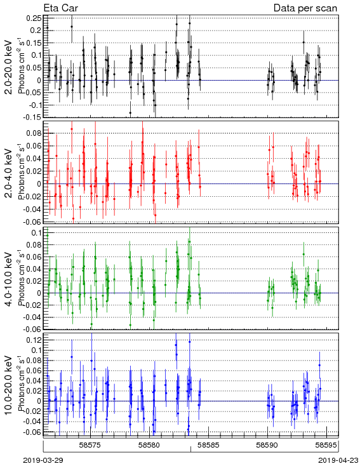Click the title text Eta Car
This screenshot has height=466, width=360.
pos(61,8)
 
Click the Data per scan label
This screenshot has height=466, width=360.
pos(305,8)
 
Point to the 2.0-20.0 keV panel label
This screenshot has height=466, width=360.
pos(9,67)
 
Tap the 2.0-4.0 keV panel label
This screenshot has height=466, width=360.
pos(9,173)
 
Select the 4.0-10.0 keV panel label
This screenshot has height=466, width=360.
pos(9,279)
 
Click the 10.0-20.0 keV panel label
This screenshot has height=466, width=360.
pos(9,385)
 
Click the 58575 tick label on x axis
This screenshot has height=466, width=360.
pos(91,445)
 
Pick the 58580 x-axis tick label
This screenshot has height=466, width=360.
pos(150,445)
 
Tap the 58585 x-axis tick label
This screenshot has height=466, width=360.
pos(208,445)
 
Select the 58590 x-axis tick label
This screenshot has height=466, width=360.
pos(267,445)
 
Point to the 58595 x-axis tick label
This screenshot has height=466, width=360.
pos(326,445)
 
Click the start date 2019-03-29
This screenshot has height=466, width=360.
pos(43,460)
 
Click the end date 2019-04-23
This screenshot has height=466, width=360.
pos(338,460)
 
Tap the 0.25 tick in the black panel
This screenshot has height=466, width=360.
pos(34,18)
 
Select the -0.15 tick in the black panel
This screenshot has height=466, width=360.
pos(32,117)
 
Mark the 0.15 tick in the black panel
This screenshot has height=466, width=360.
pos(34,43)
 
